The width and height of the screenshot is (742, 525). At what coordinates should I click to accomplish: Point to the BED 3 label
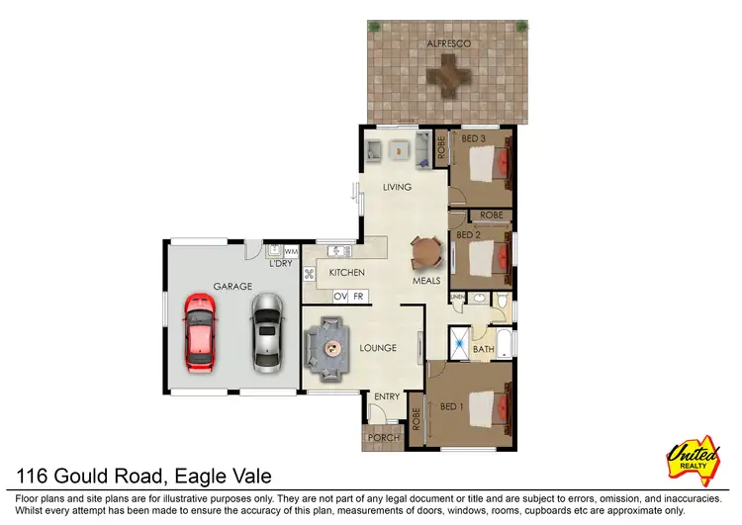click(x=474, y=138)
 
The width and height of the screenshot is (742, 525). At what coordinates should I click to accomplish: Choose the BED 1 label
click(x=452, y=407)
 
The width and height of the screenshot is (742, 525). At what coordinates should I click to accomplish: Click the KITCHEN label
click(x=347, y=272)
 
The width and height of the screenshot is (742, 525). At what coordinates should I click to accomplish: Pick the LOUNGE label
click(x=377, y=348)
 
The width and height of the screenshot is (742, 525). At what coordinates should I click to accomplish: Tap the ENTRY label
click(x=387, y=396)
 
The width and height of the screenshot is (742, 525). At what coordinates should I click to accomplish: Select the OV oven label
click(x=340, y=296)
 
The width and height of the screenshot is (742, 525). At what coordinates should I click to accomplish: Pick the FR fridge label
click(x=359, y=296)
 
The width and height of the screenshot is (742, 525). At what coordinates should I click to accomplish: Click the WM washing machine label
click(x=290, y=252)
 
